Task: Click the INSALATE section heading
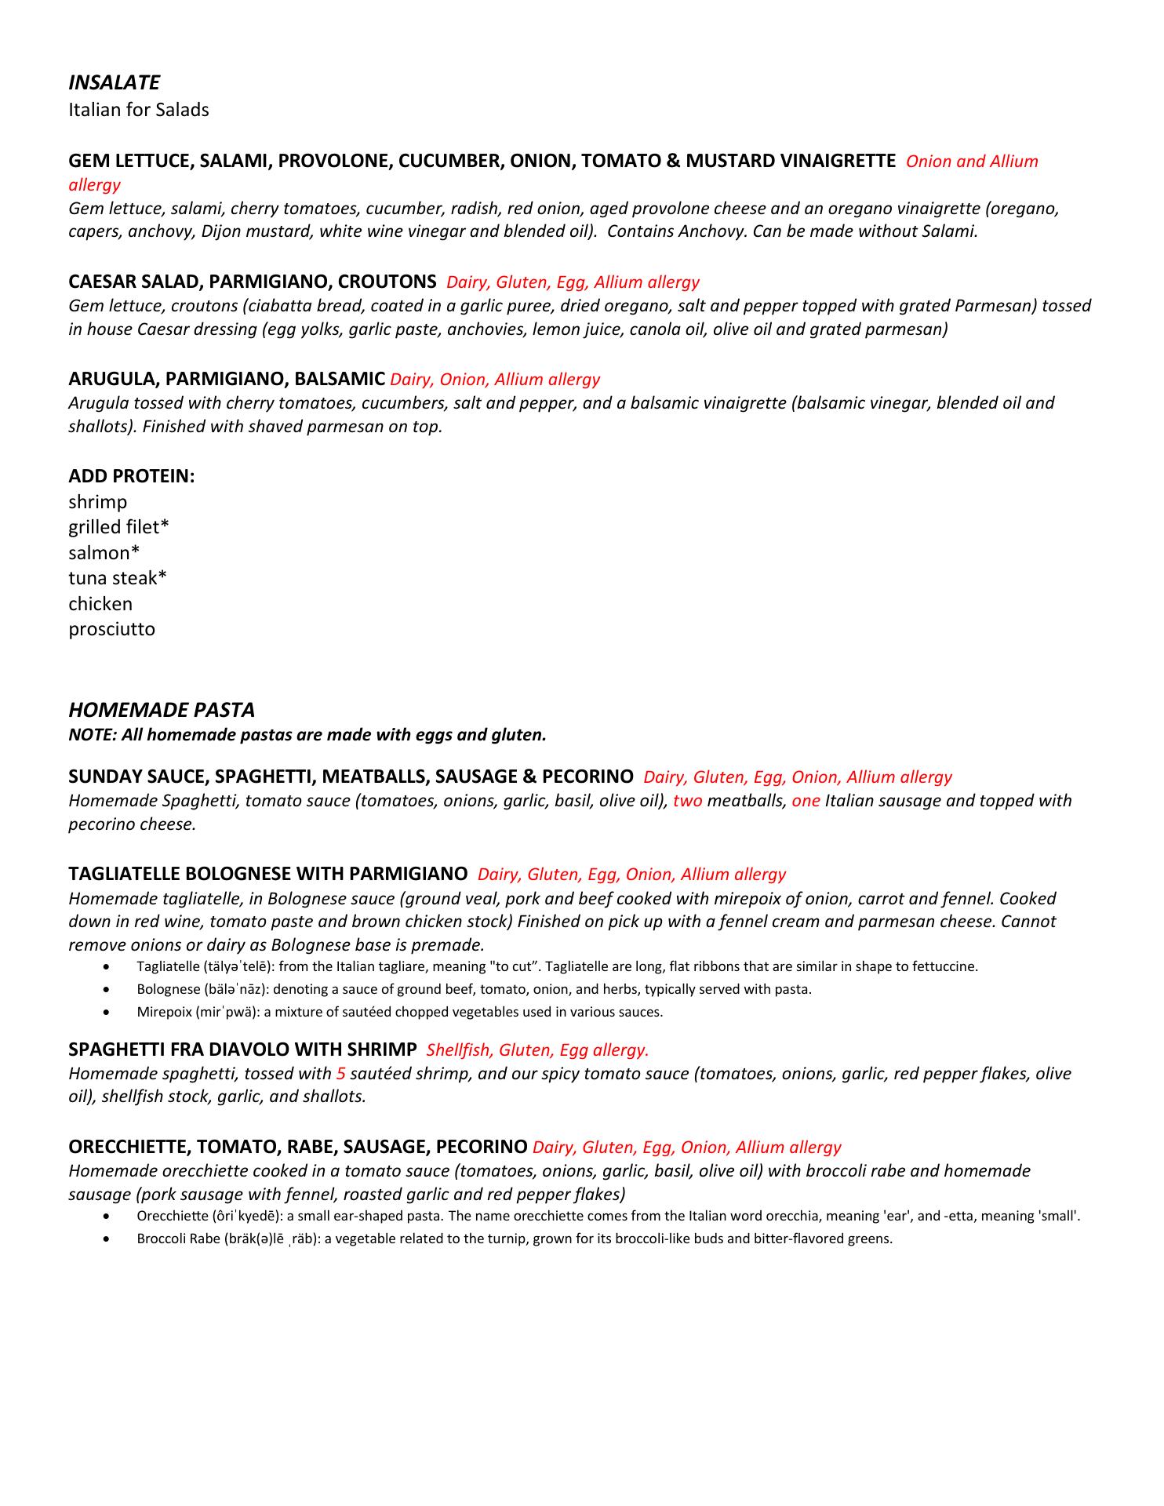click(114, 82)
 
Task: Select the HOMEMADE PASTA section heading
click(162, 710)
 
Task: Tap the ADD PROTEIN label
click(131, 476)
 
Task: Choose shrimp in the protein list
click(97, 502)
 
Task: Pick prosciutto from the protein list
click(111, 629)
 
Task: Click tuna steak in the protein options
click(118, 578)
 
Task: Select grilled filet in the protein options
click(118, 527)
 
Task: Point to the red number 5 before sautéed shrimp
click(340, 1074)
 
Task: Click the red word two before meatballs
click(687, 801)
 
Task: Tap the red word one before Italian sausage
click(806, 801)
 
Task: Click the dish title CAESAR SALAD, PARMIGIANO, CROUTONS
click(252, 282)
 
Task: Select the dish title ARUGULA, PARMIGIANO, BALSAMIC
click(227, 379)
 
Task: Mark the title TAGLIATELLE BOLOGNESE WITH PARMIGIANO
click(267, 874)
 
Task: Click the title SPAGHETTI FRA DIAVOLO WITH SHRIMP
click(242, 1049)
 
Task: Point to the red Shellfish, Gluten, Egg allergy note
click(537, 1050)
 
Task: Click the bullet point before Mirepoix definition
click(107, 1013)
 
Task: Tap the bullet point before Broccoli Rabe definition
click(107, 1240)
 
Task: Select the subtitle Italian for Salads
click(139, 110)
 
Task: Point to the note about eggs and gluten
click(307, 735)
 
